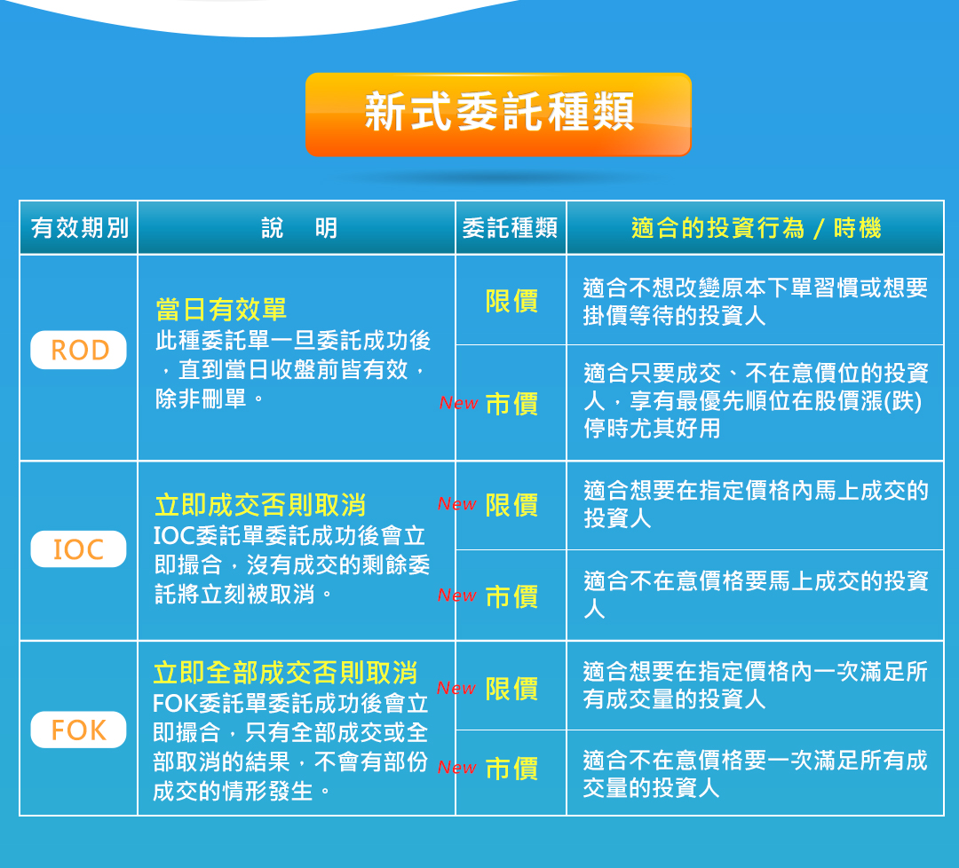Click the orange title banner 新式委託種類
point(498,114)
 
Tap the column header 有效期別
point(80,228)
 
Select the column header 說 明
point(299,228)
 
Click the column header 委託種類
point(510,228)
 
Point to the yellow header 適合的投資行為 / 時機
point(756,228)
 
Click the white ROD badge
point(79,350)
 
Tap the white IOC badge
point(79,548)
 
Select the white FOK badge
point(79,730)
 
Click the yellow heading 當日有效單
point(221,309)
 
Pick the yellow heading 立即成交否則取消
point(260,506)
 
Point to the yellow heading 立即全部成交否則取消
point(286,673)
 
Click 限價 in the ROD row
point(512,302)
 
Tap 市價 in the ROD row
point(512,404)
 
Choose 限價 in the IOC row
point(512,506)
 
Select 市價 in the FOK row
point(512,769)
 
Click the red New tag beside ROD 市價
point(459,403)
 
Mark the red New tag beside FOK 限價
point(456,688)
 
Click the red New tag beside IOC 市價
point(457,595)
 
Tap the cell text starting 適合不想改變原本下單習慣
point(756,302)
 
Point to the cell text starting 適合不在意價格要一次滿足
point(756,774)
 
